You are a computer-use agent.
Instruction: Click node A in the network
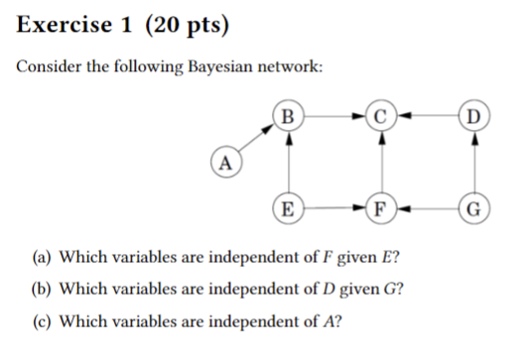coord(226,161)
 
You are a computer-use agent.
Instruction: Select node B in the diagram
coord(289,115)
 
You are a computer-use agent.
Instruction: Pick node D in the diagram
coord(475,115)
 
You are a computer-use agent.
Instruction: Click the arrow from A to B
coord(256,139)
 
